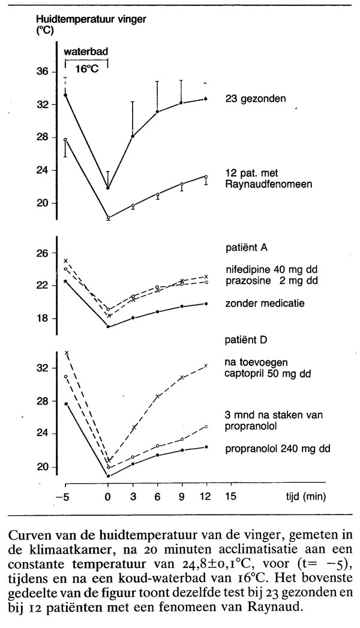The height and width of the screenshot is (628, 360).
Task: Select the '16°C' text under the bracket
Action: [86, 68]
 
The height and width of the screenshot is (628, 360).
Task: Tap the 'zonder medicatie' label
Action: [259, 303]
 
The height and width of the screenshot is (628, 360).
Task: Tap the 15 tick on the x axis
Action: [230, 497]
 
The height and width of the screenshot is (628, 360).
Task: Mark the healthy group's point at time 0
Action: [108, 188]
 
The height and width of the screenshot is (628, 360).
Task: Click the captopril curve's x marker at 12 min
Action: [206, 365]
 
